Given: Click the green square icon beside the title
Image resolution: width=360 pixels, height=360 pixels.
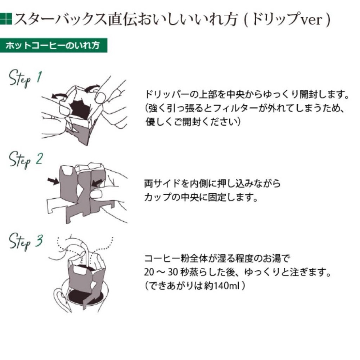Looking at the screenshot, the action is [x=6, y=19].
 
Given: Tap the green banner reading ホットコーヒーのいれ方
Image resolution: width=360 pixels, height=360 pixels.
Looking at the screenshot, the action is [x=53, y=45].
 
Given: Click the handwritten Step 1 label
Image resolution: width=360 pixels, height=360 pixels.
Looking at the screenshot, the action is [x=25, y=78].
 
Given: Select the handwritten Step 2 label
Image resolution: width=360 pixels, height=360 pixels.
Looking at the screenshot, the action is [x=26, y=160].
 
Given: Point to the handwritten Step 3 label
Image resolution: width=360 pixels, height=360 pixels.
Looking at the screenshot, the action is [x=26, y=242].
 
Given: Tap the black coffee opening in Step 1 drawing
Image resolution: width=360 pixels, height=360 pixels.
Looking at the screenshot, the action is [x=80, y=109].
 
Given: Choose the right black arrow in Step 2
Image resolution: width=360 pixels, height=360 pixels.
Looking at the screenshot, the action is [x=97, y=183].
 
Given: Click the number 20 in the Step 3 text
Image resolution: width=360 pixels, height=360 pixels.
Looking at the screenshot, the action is [x=149, y=272].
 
